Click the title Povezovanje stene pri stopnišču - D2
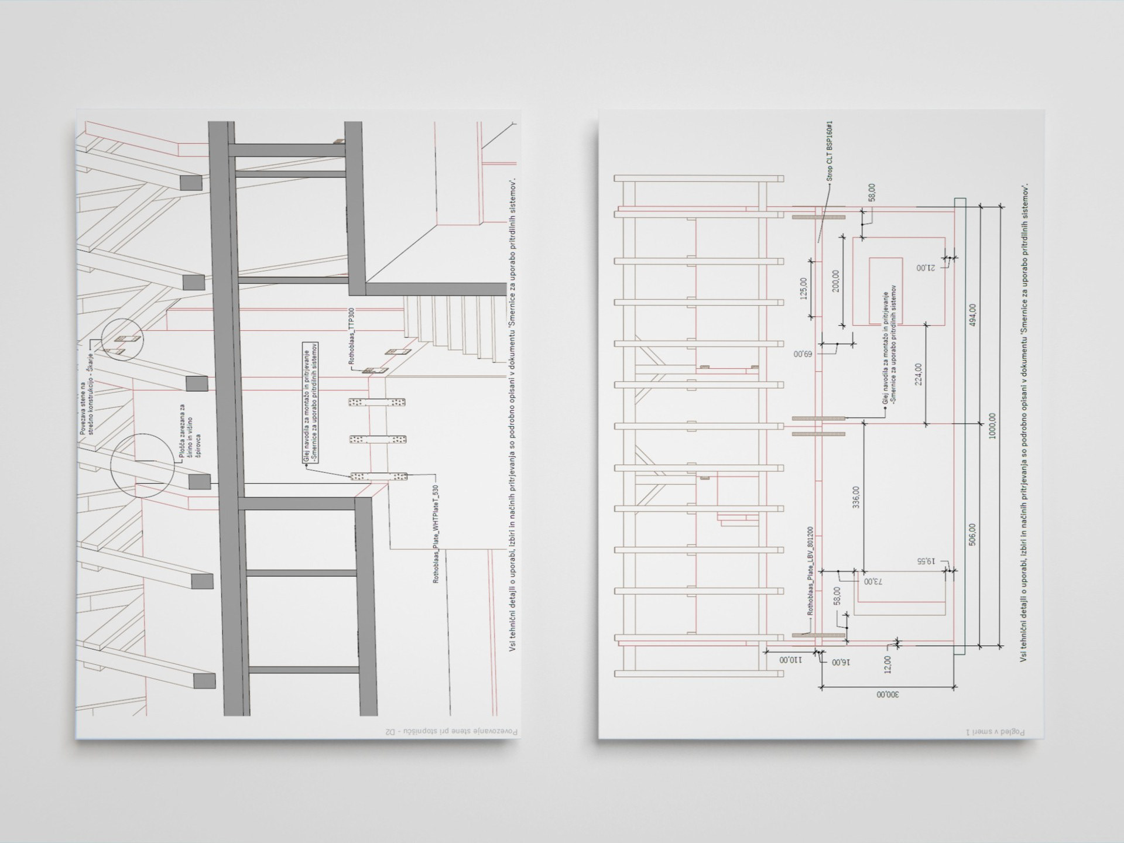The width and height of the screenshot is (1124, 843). coord(451,732)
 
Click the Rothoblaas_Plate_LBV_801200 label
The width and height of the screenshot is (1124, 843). coord(810,571)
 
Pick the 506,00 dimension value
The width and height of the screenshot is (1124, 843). coord(973,534)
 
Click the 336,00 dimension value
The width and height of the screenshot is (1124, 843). coord(856,497)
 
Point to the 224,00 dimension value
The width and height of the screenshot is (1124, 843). coord(918,374)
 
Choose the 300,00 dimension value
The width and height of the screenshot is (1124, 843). coord(888,695)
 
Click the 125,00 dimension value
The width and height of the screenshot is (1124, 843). coord(803,288)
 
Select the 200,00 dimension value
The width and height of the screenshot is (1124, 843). coord(835,281)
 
